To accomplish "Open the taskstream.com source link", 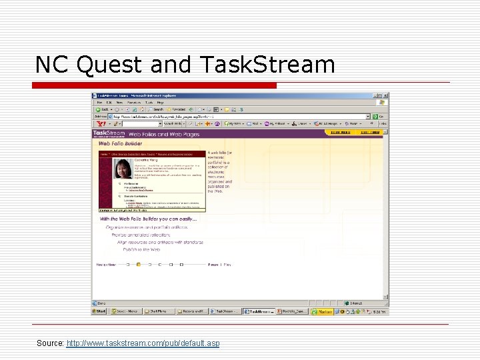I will click(143, 343).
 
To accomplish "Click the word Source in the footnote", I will click(50, 343).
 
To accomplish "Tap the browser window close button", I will click(385, 96).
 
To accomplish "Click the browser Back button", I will click(101, 109).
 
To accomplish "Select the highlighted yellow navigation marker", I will click(138, 265).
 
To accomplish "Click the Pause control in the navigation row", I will click(214, 265).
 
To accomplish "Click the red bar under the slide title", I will click(155, 85).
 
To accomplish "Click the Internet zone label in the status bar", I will click(357, 303).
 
